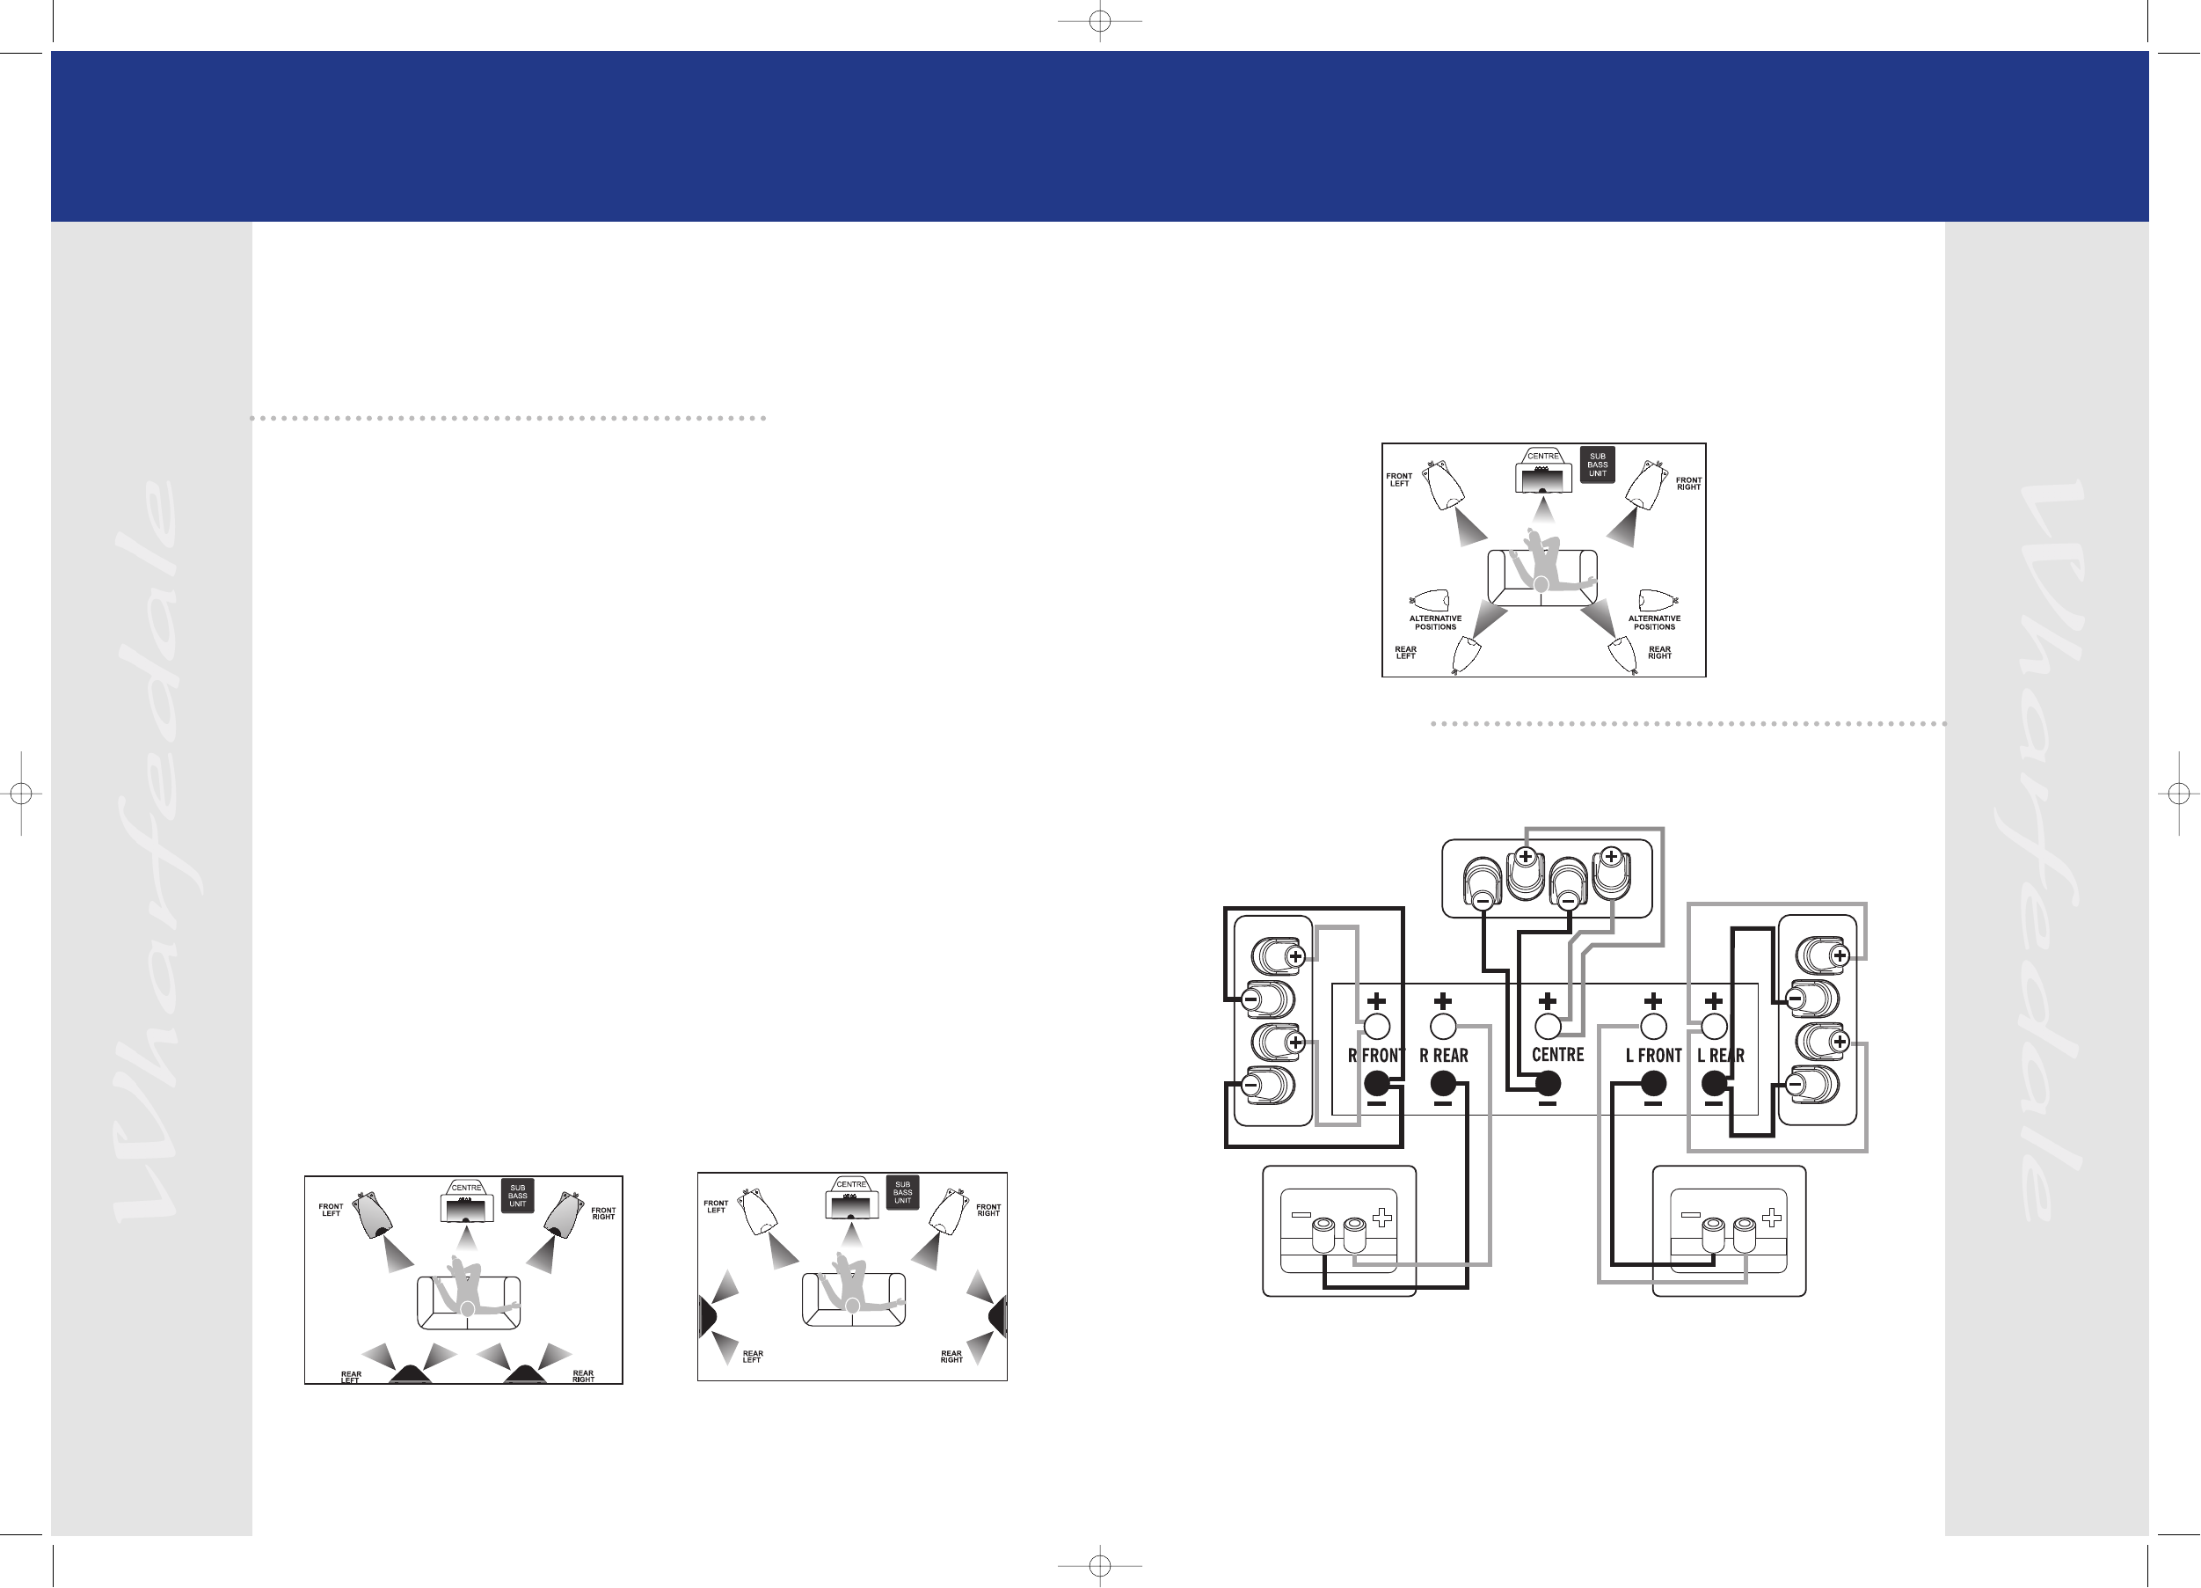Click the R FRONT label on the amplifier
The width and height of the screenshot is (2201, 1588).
click(x=1376, y=1055)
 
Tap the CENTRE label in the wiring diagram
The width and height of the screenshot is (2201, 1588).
click(x=1557, y=1054)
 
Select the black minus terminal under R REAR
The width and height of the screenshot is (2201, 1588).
click(x=1443, y=1083)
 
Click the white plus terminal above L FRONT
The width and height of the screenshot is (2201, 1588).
click(x=1652, y=1026)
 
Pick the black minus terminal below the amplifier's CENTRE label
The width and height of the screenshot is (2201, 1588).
click(x=1547, y=1083)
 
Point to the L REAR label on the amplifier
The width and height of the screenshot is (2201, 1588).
click(x=1721, y=1055)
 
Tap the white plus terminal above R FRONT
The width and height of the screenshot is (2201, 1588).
click(x=1376, y=1026)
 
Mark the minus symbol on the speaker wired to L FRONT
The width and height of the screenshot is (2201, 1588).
click(x=1690, y=1214)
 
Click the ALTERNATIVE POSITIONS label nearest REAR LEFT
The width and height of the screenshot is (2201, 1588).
click(x=1435, y=622)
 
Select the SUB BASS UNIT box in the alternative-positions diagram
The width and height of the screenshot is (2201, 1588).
click(x=1598, y=465)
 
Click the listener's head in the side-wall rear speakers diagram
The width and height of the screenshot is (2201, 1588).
click(x=852, y=1306)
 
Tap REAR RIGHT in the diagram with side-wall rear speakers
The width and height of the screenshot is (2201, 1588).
click(x=951, y=1356)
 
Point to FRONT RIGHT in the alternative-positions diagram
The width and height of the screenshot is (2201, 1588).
click(x=1688, y=483)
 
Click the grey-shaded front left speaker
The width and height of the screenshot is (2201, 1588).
click(x=373, y=1214)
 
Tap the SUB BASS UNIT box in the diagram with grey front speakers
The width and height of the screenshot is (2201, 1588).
click(x=517, y=1196)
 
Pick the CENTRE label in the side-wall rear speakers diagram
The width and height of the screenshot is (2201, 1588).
click(x=851, y=1184)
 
